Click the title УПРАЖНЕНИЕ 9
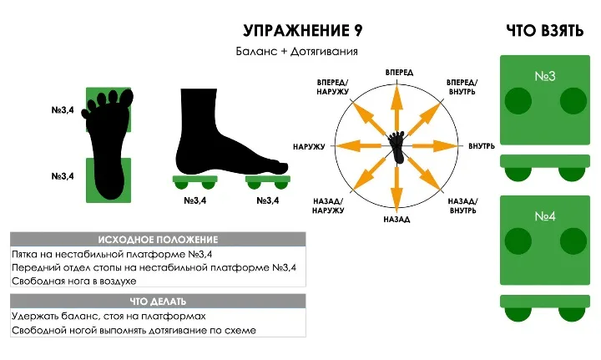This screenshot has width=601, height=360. pyautogui.click(x=303, y=31)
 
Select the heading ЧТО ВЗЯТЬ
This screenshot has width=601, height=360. pyautogui.click(x=544, y=31)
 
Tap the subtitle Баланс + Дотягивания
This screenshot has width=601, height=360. pyautogui.click(x=296, y=52)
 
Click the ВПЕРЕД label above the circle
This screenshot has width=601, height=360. pyautogui.click(x=399, y=73)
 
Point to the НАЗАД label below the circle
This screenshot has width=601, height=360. pyautogui.click(x=396, y=220)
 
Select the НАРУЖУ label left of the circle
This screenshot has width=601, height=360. pyautogui.click(x=309, y=147)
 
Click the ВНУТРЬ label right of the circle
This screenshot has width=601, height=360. pyautogui.click(x=482, y=146)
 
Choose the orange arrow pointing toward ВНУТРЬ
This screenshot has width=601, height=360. pyautogui.click(x=435, y=145)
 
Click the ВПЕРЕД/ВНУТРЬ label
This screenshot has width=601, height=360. pyautogui.click(x=462, y=87)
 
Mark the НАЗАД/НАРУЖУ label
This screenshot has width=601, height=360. pyautogui.click(x=328, y=205)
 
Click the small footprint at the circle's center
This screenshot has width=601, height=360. pyautogui.click(x=397, y=147)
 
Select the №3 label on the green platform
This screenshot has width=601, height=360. pyautogui.click(x=544, y=76)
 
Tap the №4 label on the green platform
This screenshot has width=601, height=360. pyautogui.click(x=544, y=216)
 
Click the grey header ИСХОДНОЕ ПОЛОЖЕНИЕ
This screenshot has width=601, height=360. pyautogui.click(x=158, y=240)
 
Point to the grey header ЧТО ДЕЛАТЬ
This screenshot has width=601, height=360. pyautogui.click(x=158, y=302)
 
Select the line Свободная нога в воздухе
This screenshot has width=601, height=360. pyautogui.click(x=74, y=281)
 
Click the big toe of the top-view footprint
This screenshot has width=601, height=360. pyautogui.click(x=127, y=99)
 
